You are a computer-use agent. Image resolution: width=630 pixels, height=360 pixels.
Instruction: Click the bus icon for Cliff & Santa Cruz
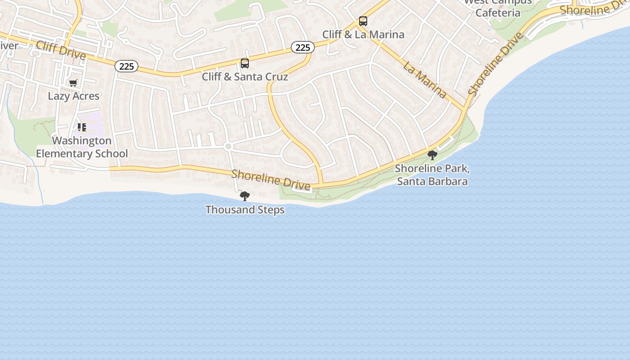[245, 63]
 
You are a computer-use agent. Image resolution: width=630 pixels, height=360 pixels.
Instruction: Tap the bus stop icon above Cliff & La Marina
[363, 21]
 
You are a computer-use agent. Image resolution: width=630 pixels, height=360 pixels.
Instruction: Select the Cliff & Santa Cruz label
[245, 76]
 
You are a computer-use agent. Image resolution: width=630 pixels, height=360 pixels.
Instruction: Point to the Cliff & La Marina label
[363, 34]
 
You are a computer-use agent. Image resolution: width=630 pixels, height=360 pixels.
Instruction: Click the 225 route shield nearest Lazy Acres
[126, 67]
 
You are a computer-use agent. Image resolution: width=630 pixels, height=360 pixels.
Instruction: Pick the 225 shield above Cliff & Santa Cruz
[302, 47]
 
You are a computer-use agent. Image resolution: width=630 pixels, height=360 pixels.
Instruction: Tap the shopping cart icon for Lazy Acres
[73, 83]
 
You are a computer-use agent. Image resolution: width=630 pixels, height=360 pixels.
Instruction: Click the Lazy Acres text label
[73, 96]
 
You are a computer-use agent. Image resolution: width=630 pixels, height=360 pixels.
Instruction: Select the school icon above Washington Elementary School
[81, 127]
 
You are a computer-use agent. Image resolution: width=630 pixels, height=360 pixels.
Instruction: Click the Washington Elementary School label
[81, 147]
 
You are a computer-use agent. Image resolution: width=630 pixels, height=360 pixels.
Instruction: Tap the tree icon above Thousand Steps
[245, 196]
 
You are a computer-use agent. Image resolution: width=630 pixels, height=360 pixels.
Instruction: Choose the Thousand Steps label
[245, 210]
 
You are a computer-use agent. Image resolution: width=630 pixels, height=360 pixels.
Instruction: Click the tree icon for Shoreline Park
[432, 155]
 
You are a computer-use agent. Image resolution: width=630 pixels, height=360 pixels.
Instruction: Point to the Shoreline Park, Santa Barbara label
[432, 175]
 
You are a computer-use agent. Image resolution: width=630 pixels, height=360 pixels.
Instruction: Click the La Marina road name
[425, 80]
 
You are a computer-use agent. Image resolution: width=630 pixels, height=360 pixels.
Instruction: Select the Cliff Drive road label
[61, 50]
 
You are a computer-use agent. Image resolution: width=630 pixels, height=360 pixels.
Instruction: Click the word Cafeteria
[498, 13]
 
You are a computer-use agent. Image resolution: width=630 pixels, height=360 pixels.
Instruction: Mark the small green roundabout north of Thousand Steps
[228, 146]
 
